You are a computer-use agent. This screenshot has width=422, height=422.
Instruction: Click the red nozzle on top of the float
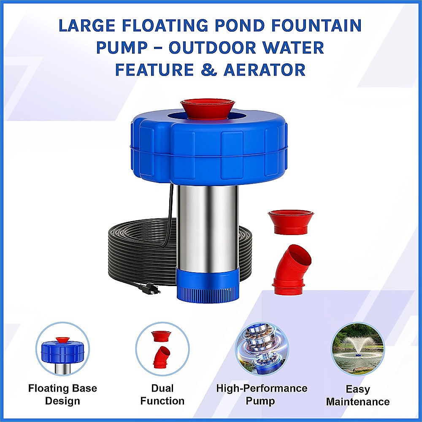pos(207,109)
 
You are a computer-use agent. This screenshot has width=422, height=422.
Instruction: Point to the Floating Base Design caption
pos(62,394)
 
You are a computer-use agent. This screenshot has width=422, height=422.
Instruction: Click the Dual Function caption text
pos(162,394)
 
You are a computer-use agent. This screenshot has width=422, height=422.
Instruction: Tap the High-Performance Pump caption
pos(262,394)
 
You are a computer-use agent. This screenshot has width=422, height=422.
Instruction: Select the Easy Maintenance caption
pos(358,395)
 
